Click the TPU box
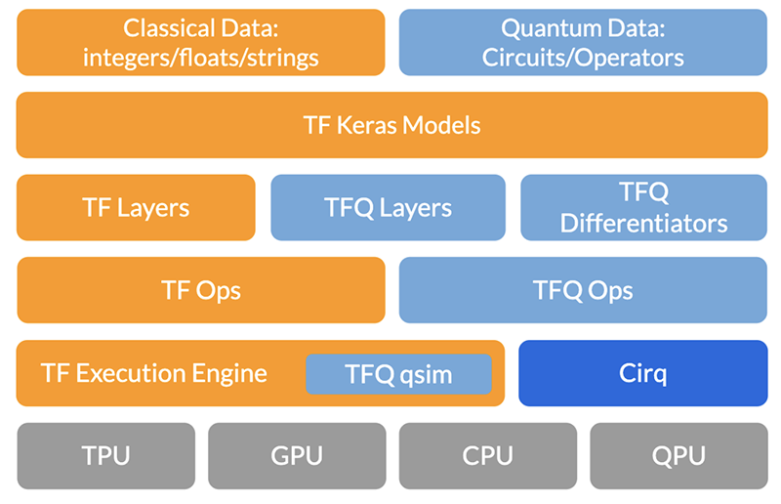(x=104, y=455)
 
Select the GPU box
(x=296, y=455)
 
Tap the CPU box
(x=486, y=455)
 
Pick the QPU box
(x=678, y=455)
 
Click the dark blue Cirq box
(x=642, y=373)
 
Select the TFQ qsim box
(x=398, y=374)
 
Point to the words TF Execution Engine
(x=154, y=373)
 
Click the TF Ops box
(x=201, y=290)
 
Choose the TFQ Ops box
(x=583, y=290)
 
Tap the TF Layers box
(x=136, y=207)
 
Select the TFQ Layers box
(x=388, y=207)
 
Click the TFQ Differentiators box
(x=643, y=207)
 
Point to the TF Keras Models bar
(x=391, y=125)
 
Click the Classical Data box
(x=201, y=42)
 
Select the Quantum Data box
(x=583, y=42)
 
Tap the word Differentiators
(x=643, y=223)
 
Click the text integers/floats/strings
(x=201, y=57)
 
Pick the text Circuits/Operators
(x=583, y=57)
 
